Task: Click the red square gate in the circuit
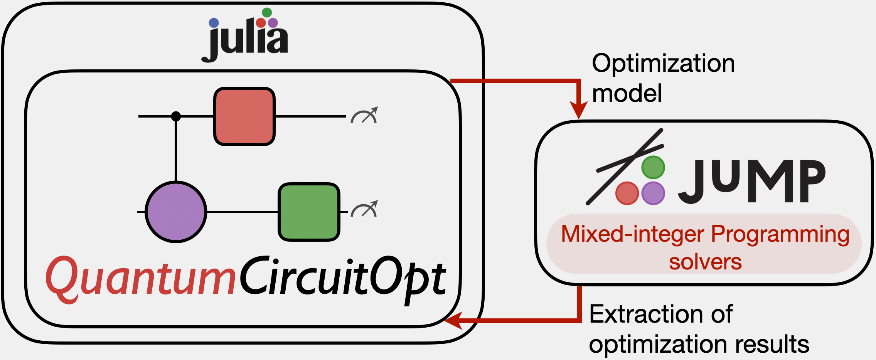pyautogui.click(x=244, y=116)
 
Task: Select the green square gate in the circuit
pyautogui.click(x=309, y=212)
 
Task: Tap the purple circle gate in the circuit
pyautogui.click(x=176, y=212)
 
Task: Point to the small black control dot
pyautogui.click(x=176, y=116)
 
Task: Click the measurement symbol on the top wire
pyautogui.click(x=364, y=115)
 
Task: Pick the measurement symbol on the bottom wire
pyautogui.click(x=364, y=209)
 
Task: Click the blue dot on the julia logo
pyautogui.click(x=214, y=23)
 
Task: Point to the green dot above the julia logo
pyautogui.click(x=267, y=12)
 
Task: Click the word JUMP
pyautogui.click(x=752, y=181)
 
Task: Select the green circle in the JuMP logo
pyautogui.click(x=653, y=168)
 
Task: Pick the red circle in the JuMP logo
pyautogui.click(x=627, y=193)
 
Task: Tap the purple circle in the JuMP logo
pyautogui.click(x=653, y=193)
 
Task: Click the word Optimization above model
pyautogui.click(x=663, y=63)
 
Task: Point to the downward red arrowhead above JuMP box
pyautogui.click(x=578, y=110)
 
